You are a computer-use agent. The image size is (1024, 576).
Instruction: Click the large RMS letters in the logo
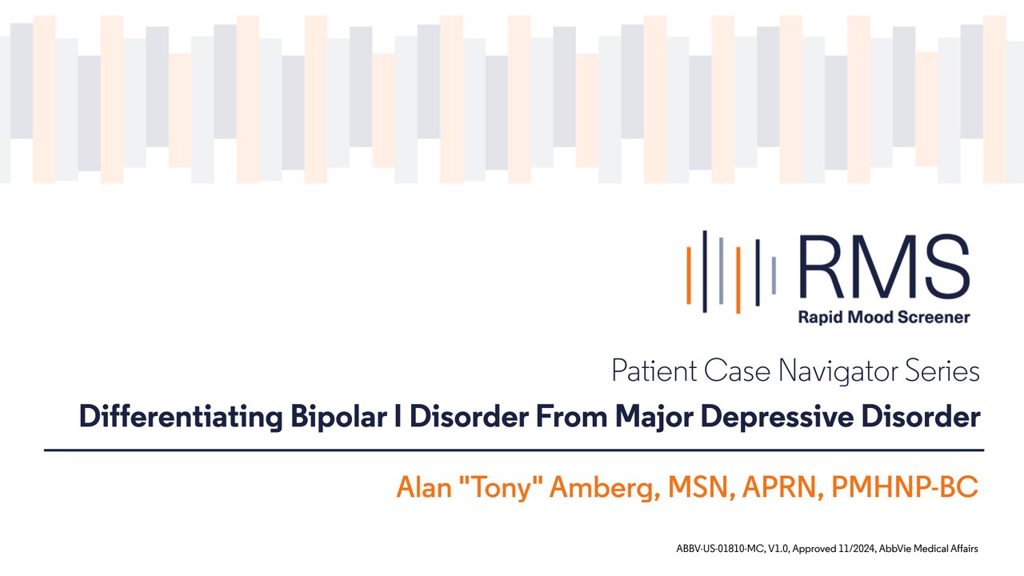point(884,267)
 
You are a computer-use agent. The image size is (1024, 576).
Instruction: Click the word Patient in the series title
point(654,370)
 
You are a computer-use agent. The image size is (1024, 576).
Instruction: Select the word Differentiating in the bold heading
point(181,417)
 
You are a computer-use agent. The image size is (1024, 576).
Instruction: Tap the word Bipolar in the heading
point(338,417)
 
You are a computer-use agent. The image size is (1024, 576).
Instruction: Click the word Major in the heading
point(654,417)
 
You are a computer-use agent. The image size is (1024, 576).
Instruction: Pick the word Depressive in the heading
point(777,417)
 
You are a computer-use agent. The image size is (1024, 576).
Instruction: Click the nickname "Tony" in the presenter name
point(500,486)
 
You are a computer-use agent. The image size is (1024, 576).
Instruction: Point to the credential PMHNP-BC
point(905,487)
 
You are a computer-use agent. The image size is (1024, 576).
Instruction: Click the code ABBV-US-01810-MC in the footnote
point(719,549)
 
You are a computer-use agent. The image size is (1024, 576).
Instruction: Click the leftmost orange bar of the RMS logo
point(689,275)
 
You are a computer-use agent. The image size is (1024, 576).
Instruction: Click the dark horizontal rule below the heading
point(514,450)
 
